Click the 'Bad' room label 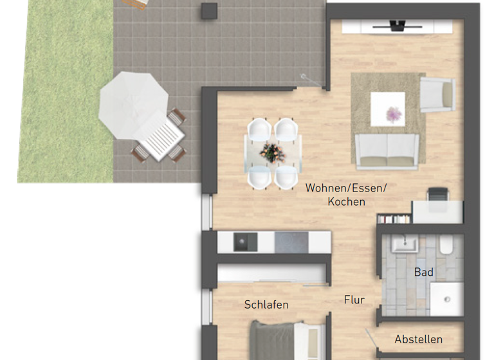(x=423, y=273)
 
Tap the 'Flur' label (x=354, y=300)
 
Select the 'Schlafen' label (x=266, y=305)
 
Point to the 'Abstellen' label (x=419, y=339)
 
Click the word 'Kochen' (x=346, y=201)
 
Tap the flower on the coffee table (x=392, y=114)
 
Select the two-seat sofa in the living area (x=388, y=152)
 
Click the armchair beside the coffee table (x=437, y=94)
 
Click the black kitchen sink (x=245, y=242)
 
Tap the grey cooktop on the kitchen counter (x=291, y=242)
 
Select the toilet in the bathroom (x=446, y=246)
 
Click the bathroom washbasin (x=405, y=244)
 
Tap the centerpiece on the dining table (x=270, y=152)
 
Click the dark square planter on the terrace (x=210, y=10)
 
